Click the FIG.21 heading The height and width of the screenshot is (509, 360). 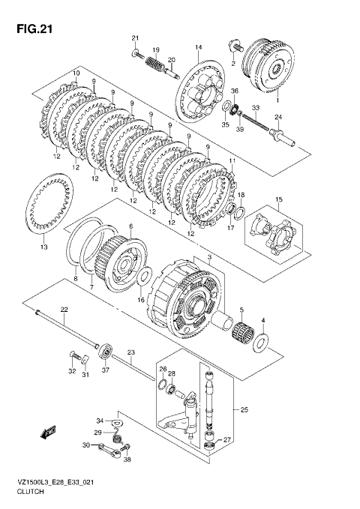click(x=34, y=29)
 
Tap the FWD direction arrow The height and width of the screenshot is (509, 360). click(x=48, y=432)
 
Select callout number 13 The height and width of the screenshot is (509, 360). click(x=43, y=247)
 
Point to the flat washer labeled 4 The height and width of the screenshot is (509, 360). click(x=261, y=342)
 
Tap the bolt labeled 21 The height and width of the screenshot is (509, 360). click(x=138, y=54)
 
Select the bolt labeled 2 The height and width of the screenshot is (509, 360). click(x=235, y=46)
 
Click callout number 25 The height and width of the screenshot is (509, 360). click(x=244, y=409)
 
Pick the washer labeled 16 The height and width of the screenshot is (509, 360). click(x=144, y=276)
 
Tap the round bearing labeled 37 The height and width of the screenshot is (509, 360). click(x=106, y=352)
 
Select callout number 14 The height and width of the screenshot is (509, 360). click(x=199, y=47)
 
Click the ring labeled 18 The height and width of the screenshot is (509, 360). click(x=241, y=213)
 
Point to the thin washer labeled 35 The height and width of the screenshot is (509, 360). click(x=226, y=106)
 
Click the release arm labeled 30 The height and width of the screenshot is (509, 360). click(x=109, y=451)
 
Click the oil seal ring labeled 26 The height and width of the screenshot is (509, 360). click(x=162, y=384)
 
